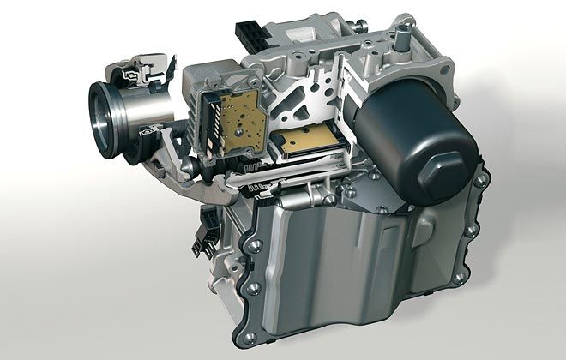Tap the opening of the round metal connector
click(x=106, y=110)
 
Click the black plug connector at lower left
click(x=205, y=235)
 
